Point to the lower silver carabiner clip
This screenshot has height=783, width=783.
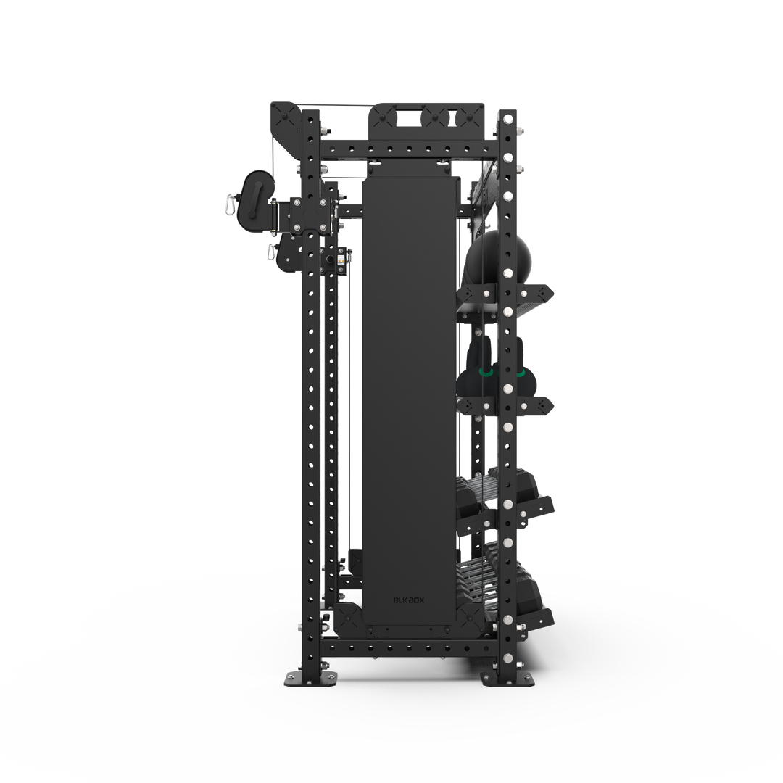(x=271, y=253)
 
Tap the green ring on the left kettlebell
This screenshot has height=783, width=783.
(x=485, y=373)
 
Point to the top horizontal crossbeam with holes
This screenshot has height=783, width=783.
(x=410, y=151)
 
